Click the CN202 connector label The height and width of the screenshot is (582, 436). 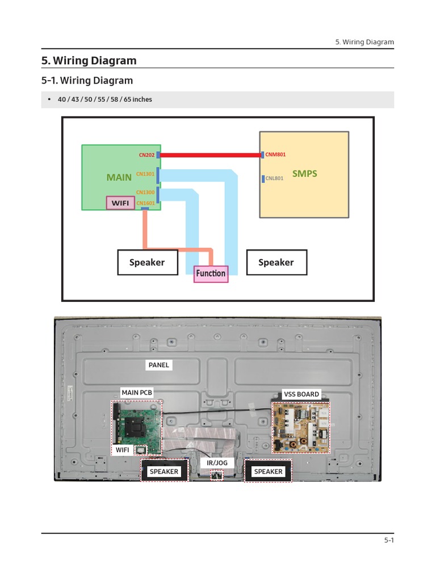click(146, 155)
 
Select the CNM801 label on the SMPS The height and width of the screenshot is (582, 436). click(275, 155)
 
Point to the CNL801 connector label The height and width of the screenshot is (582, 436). click(274, 178)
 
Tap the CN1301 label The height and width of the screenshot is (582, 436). click(145, 174)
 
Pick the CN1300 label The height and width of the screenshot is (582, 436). click(145, 193)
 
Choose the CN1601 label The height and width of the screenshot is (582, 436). click(145, 203)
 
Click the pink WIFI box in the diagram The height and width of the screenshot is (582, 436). click(120, 203)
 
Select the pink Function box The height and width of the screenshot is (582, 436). click(211, 273)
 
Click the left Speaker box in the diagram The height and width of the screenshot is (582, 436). click(147, 262)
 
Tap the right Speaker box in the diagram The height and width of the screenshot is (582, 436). click(276, 262)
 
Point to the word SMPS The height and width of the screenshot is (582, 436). click(304, 173)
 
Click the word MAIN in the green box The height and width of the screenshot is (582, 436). click(119, 177)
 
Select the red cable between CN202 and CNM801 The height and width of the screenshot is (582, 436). click(210, 155)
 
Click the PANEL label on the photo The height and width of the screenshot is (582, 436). click(159, 365)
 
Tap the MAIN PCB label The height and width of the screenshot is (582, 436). click(137, 392)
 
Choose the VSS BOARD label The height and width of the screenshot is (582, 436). click(301, 394)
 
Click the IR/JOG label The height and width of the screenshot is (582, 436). click(217, 463)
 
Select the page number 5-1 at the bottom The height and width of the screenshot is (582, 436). click(388, 541)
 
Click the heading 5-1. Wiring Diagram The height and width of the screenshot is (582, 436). click(87, 81)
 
